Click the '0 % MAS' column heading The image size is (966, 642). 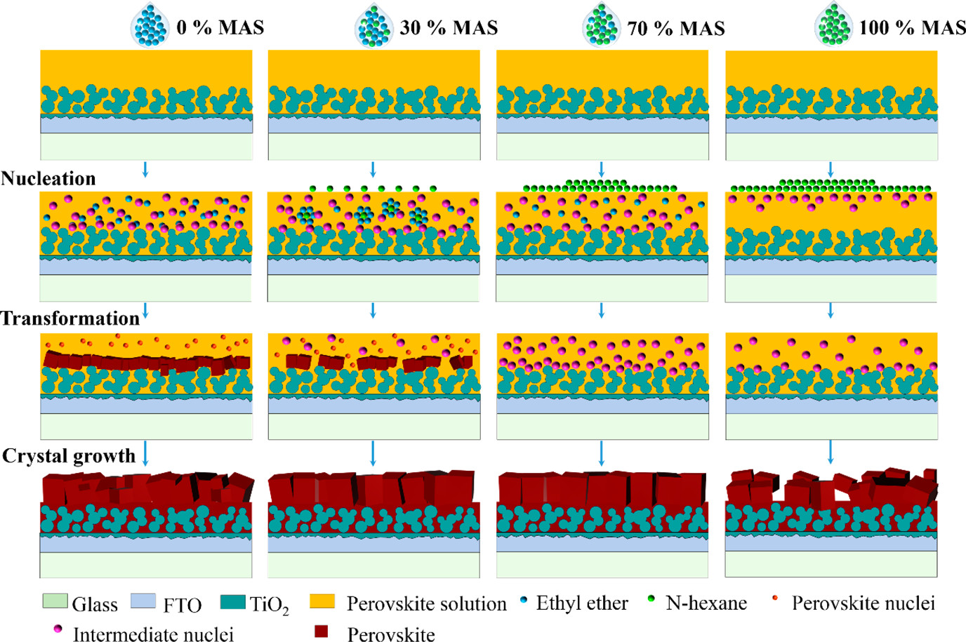(220, 27)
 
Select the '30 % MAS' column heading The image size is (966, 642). (449, 27)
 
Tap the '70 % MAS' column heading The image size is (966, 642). (676, 28)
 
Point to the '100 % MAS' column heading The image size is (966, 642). (912, 27)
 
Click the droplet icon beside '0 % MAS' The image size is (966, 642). (150, 26)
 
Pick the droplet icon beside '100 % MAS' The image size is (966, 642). (833, 25)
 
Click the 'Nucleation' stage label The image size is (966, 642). (48, 178)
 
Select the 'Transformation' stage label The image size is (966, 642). (70, 319)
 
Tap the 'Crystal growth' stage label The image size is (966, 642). (69, 456)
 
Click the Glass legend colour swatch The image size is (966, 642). (55, 601)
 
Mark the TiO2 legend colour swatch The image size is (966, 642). (232, 602)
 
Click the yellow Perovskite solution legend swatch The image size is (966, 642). (322, 601)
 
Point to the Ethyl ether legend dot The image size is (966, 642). (524, 600)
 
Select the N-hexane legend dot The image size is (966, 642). (651, 598)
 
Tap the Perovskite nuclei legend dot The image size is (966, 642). (775, 598)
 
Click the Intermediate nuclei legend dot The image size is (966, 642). (58, 629)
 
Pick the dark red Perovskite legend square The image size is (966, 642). (322, 631)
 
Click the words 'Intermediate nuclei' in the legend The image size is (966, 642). (153, 634)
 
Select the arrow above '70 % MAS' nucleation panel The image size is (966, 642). (602, 169)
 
